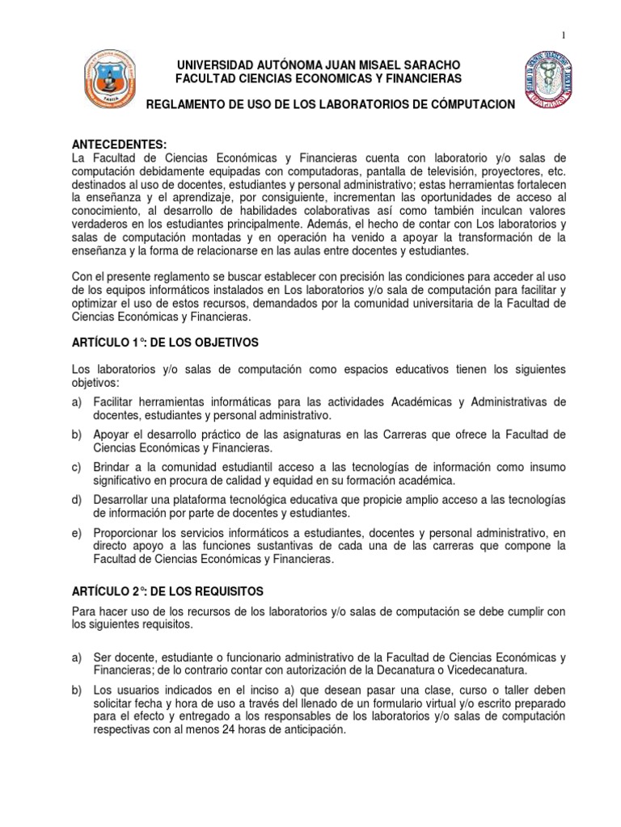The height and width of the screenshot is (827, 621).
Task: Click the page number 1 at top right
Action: [563, 33]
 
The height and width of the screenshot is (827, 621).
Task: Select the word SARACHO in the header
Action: [428, 64]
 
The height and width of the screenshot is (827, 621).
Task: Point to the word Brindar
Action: [115, 468]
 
